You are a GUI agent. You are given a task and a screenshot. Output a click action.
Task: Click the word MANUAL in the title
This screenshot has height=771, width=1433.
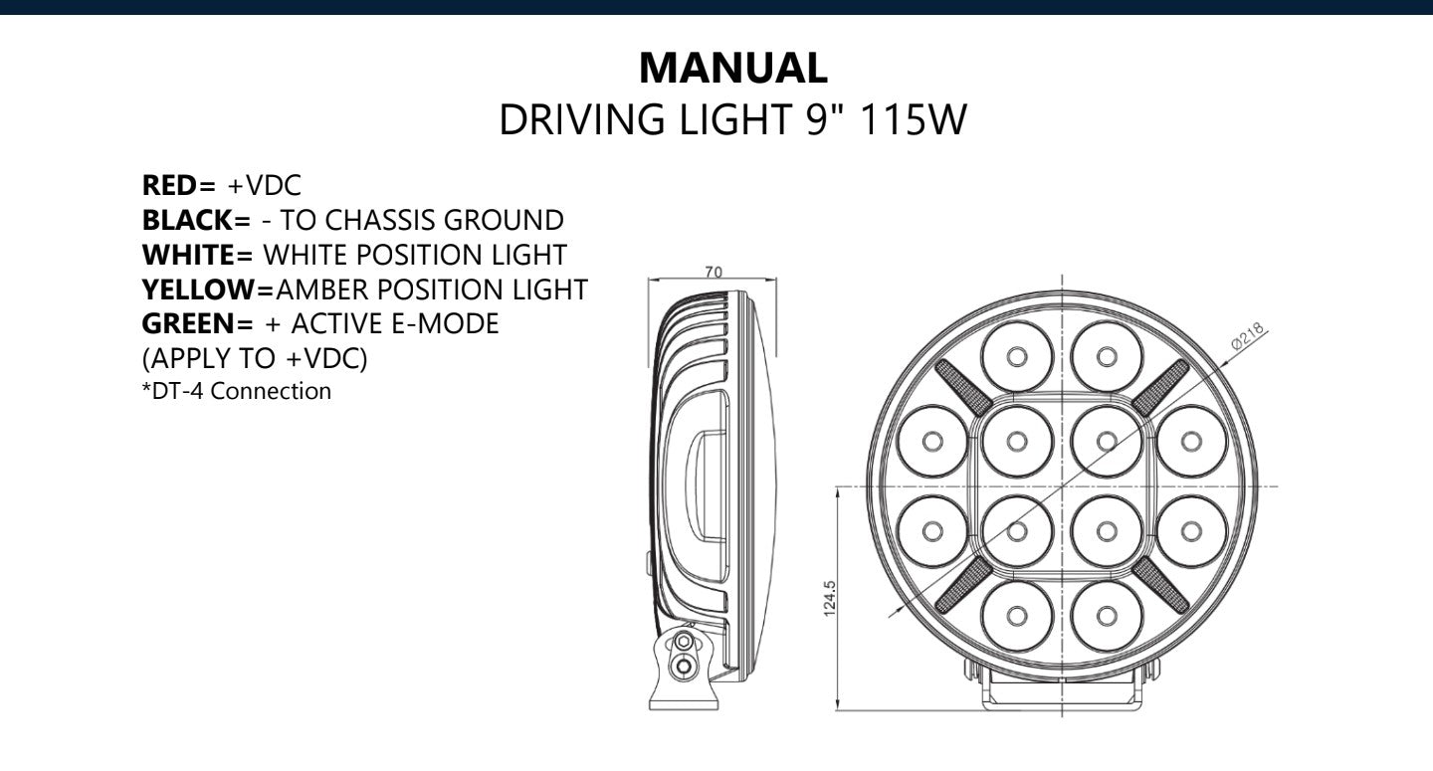point(732,68)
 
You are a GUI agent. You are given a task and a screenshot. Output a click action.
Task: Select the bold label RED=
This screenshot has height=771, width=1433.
point(179,185)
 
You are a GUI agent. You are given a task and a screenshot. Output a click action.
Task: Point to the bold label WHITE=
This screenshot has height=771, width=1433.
point(198,255)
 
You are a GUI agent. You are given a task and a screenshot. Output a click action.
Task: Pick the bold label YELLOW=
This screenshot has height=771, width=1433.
point(208,289)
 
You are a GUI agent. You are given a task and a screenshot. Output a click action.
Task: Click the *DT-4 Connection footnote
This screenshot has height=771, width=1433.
point(237,391)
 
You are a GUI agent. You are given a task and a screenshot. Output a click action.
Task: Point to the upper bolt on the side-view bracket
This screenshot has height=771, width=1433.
point(684,643)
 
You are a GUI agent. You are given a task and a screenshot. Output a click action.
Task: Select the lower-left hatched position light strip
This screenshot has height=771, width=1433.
point(963,585)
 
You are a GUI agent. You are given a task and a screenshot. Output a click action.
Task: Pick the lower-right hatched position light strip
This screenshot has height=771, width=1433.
point(1160,585)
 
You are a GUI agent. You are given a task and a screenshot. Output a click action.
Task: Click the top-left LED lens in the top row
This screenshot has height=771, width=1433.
point(1016,356)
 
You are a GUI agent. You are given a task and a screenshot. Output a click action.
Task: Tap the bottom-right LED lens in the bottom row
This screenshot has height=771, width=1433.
point(1107,616)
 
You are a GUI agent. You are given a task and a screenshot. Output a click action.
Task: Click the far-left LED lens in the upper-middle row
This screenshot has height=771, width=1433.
point(931,441)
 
